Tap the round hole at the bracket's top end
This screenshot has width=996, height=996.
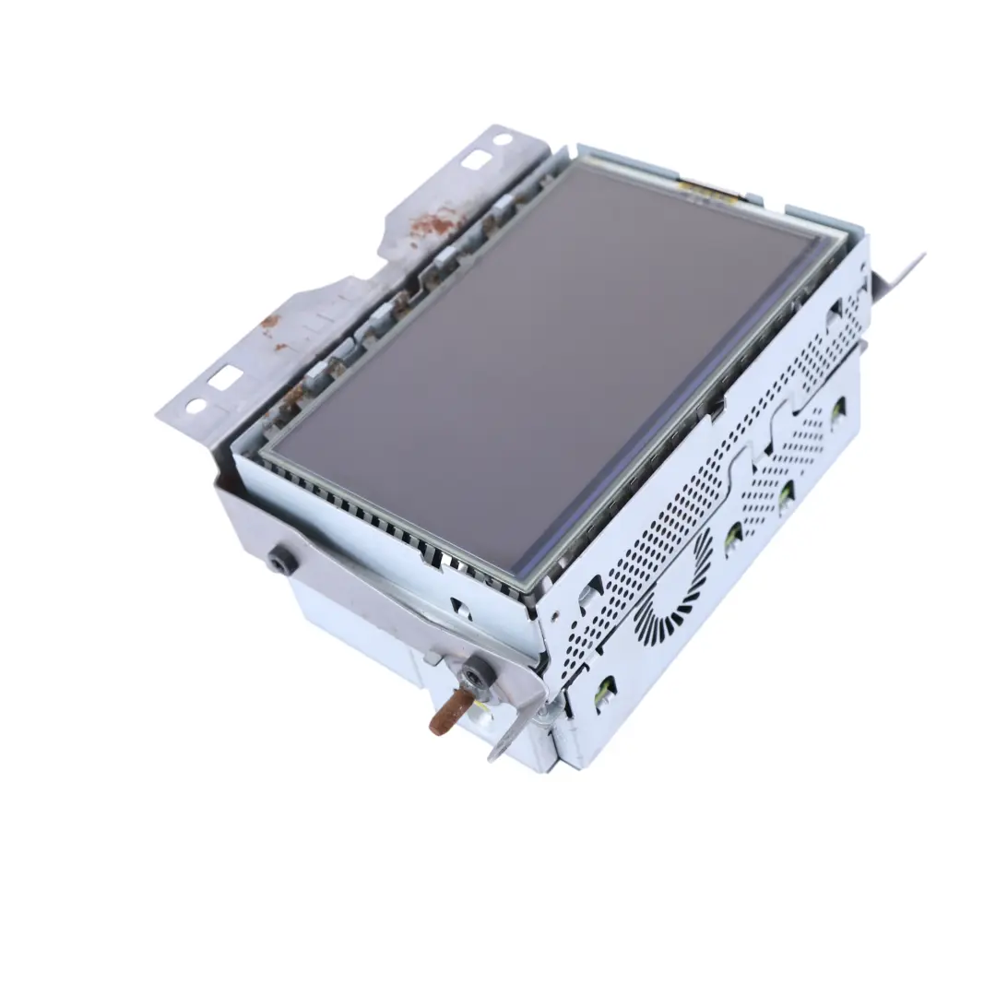point(502,140)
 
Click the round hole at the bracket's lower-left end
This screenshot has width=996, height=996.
point(196,405)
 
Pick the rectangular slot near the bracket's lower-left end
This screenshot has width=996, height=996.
point(224,377)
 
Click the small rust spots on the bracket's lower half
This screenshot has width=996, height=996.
point(270,325)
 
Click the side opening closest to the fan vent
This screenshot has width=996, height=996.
point(733,538)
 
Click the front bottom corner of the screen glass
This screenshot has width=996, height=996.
point(522,580)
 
